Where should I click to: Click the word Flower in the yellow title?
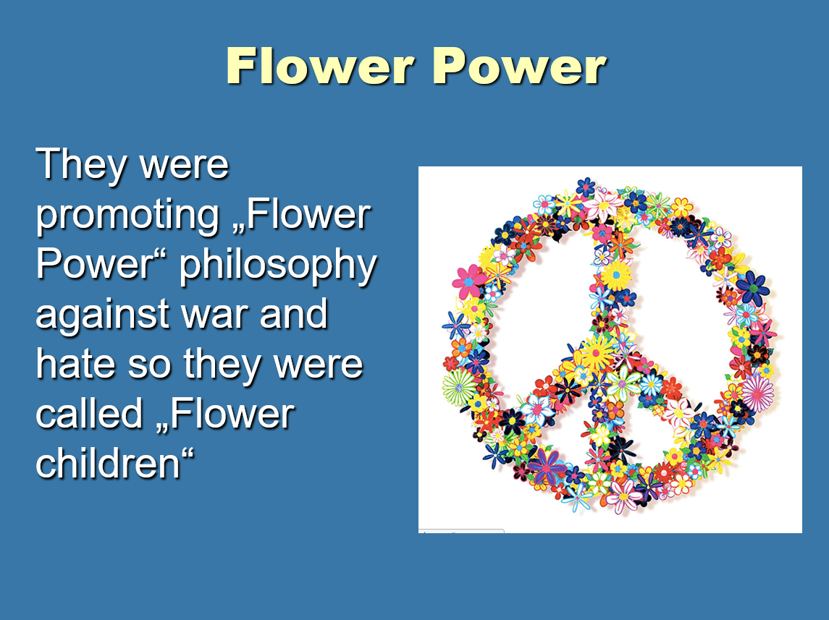(x=320, y=66)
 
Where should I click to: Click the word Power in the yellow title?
(x=520, y=66)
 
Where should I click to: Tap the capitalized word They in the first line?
(x=81, y=165)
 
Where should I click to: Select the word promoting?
(x=127, y=216)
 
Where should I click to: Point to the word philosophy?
(x=278, y=266)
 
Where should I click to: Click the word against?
(x=103, y=315)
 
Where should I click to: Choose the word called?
(x=89, y=414)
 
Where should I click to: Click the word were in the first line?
(x=184, y=166)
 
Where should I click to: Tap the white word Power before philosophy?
(x=94, y=265)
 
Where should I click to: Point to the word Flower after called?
(x=231, y=414)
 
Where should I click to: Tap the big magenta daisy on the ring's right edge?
(x=757, y=393)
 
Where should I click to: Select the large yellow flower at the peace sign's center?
(x=597, y=353)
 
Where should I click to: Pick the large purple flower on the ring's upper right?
(x=753, y=289)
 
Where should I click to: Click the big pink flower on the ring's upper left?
(x=469, y=281)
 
